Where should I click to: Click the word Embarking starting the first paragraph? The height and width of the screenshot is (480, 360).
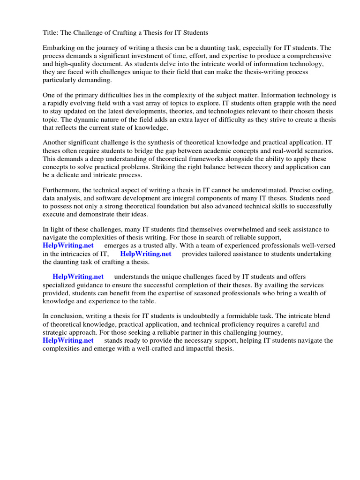coord(60,48)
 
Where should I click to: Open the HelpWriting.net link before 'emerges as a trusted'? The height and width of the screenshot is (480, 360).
coord(68,246)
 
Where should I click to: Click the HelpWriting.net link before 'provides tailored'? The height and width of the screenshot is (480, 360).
coord(146,254)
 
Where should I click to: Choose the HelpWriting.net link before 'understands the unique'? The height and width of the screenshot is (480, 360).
coord(78,277)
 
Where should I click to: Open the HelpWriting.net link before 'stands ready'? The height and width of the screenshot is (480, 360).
coord(68,341)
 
